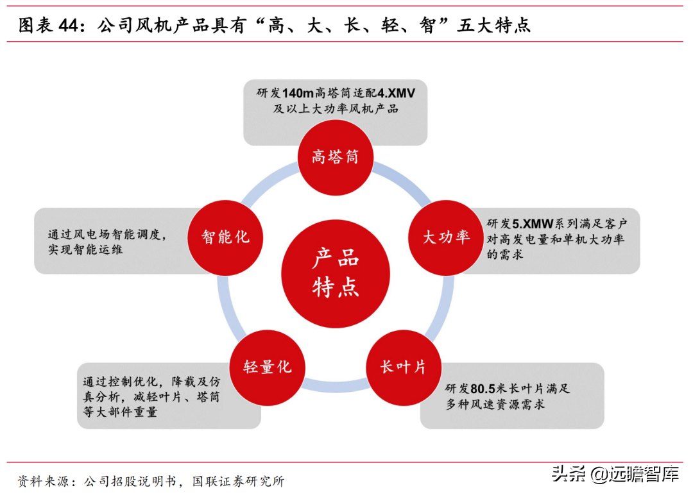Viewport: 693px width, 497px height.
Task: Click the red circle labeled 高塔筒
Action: click(x=335, y=157)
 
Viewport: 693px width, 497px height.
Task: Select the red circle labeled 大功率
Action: click(x=445, y=237)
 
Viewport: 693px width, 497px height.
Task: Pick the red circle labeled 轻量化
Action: click(x=267, y=367)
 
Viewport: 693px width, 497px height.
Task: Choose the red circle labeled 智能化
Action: click(x=225, y=237)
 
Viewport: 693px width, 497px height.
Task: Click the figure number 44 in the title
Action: click(x=68, y=26)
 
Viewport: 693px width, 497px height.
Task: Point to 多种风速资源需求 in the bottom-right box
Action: click(x=496, y=405)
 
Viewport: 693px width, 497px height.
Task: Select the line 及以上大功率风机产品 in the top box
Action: click(x=336, y=109)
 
